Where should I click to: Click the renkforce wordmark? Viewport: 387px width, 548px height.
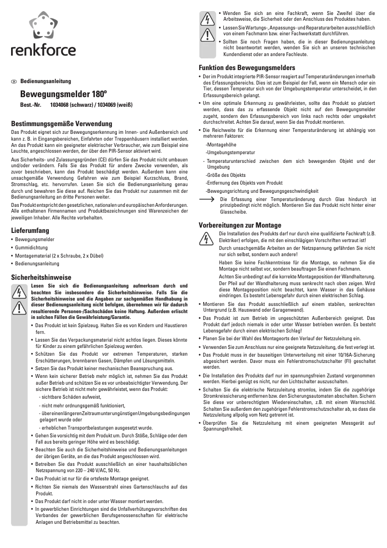pos(43,50)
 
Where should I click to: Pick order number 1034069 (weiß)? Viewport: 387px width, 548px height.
pos(115,104)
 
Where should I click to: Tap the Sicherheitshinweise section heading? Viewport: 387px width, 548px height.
pos(41,277)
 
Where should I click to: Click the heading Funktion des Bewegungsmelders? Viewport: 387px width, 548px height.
pos(247,68)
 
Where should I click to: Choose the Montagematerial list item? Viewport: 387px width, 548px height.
pos(59,256)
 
